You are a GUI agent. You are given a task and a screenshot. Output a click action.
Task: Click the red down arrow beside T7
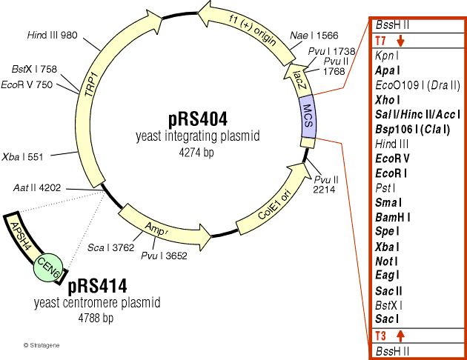tap(401, 40)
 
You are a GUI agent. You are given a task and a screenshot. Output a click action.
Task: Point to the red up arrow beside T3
tap(401, 336)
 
